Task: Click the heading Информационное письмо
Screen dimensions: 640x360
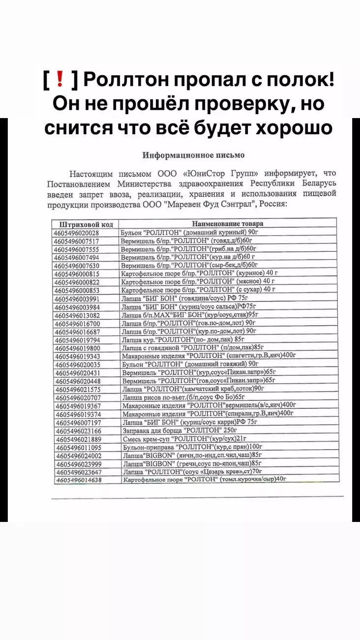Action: pos(193,155)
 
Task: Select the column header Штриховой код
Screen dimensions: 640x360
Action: pos(83,224)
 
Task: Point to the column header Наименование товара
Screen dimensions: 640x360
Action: pos(227,222)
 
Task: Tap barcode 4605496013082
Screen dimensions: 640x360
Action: pos(78,315)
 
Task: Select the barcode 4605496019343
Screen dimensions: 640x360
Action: pos(78,356)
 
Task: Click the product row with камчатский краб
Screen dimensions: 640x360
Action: pos(190,389)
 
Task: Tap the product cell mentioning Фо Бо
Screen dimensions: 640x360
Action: pos(183,397)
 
